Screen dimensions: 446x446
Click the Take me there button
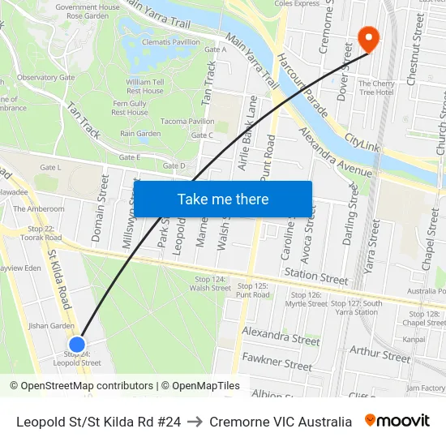(x=223, y=199)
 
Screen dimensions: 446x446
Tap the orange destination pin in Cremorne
(x=367, y=38)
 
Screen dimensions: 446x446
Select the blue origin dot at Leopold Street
(x=78, y=345)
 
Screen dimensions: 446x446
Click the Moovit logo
(x=397, y=421)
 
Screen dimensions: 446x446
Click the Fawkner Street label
(x=277, y=361)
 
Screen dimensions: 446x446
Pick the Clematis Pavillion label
(x=172, y=42)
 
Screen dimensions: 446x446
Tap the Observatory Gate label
(x=45, y=78)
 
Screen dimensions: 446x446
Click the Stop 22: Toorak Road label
(x=39, y=233)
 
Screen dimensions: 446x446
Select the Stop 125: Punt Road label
(x=251, y=290)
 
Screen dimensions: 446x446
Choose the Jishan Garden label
(x=51, y=325)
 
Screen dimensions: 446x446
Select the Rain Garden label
(x=140, y=134)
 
